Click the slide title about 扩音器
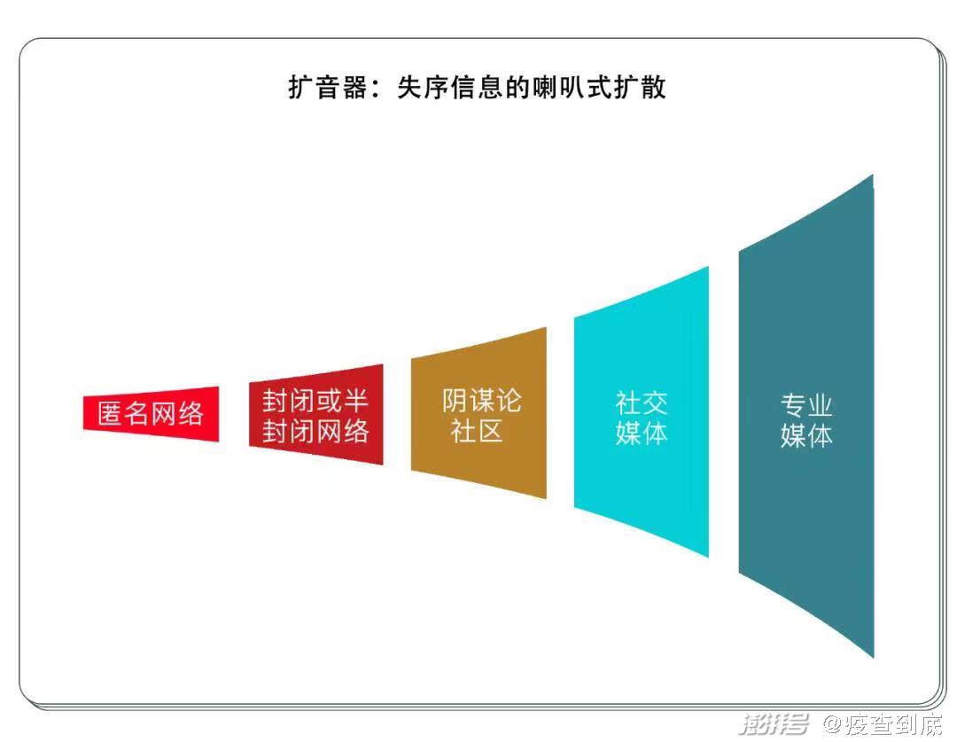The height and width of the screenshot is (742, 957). tap(477, 88)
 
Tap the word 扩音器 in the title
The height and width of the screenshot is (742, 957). tap(327, 88)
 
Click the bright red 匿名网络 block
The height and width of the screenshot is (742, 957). tap(151, 413)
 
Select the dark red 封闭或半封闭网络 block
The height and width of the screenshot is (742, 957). tap(316, 415)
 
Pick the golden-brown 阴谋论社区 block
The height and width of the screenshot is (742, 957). tap(478, 413)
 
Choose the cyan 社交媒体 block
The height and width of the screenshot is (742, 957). tap(642, 412)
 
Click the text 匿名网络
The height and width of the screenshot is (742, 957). tap(151, 413)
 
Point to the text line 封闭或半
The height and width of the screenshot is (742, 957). tap(315, 401)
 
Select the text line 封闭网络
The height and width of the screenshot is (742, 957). tap(315, 431)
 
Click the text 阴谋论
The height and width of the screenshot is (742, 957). tap(481, 401)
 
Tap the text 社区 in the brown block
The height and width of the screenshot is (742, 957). tap(477, 431)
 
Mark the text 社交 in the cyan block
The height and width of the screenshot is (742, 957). tap(642, 403)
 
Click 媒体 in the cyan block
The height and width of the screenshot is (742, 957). tap(642, 433)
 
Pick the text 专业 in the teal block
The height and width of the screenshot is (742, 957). tap(806, 405)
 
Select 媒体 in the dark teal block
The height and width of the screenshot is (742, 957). tap(806, 436)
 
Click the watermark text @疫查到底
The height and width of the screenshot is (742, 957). tap(883, 724)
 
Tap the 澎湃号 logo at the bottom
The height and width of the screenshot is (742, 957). tap(774, 724)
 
